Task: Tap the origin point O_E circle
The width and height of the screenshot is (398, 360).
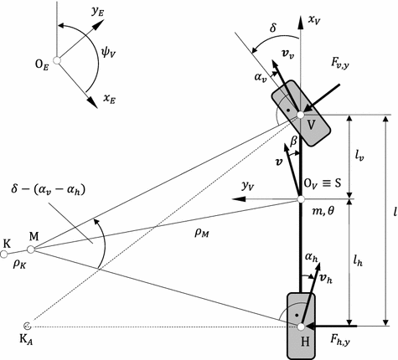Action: [x=57, y=59]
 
